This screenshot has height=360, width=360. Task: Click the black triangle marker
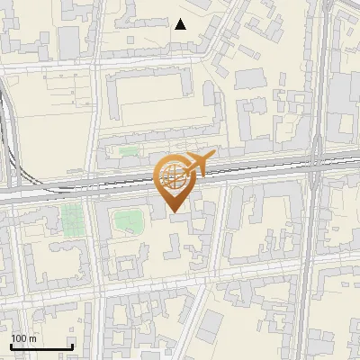[181, 24]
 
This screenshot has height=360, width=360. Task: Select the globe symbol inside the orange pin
[174, 175]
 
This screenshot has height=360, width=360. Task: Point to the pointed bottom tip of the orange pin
[174, 212]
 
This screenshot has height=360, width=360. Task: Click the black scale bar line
[41, 347]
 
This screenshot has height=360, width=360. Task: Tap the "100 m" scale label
[24, 338]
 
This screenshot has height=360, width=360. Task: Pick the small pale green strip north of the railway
[130, 150]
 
